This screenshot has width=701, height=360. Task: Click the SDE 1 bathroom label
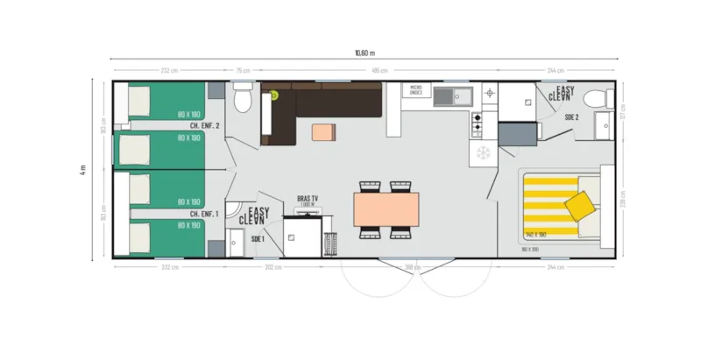coord(257,238)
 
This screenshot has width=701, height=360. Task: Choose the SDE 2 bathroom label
coord(570,116)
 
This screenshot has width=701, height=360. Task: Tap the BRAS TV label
coord(307,200)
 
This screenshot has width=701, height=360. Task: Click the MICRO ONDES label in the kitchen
coord(416,89)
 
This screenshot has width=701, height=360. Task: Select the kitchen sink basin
coord(446,96)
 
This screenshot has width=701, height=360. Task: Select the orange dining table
coord(386,209)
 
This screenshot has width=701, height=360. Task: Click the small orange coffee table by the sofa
coord(323,132)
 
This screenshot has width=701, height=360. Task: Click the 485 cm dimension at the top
coord(379,70)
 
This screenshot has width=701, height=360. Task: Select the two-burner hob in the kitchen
coord(478,124)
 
